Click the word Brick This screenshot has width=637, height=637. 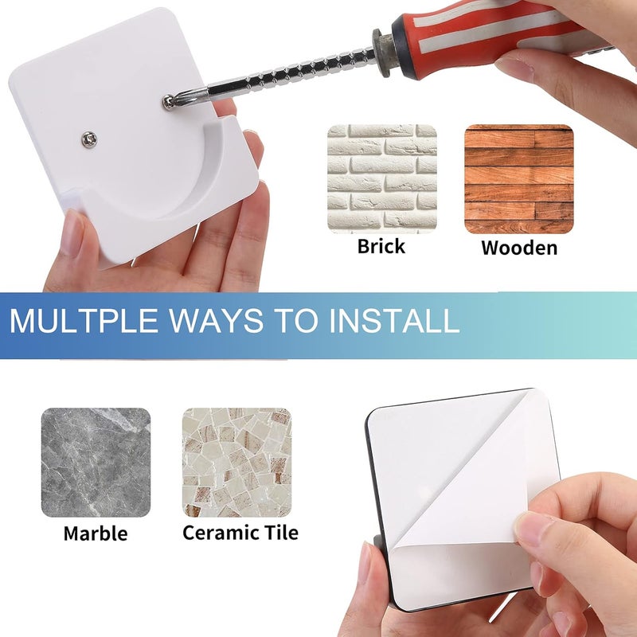pyautogui.click(x=381, y=246)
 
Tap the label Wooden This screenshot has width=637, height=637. pyautogui.click(x=519, y=248)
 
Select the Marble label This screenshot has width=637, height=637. pyautogui.click(x=96, y=533)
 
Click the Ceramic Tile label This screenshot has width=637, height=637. pyautogui.click(x=240, y=532)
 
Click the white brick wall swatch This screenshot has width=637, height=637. pyautogui.click(x=382, y=178)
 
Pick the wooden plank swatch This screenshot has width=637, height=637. pyautogui.click(x=519, y=178)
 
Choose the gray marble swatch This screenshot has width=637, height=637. pyautogui.click(x=96, y=463)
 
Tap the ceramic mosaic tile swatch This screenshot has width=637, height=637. pyautogui.click(x=236, y=463)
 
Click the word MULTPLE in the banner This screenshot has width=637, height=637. pyautogui.click(x=84, y=321)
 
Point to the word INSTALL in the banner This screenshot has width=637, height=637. pyautogui.click(x=394, y=321)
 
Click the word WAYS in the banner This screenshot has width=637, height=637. pyautogui.click(x=216, y=321)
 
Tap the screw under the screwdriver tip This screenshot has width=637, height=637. pyautogui.click(x=168, y=102)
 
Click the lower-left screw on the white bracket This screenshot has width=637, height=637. pyautogui.click(x=88, y=139)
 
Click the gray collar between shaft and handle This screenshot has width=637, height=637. pyautogui.click(x=385, y=52)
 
